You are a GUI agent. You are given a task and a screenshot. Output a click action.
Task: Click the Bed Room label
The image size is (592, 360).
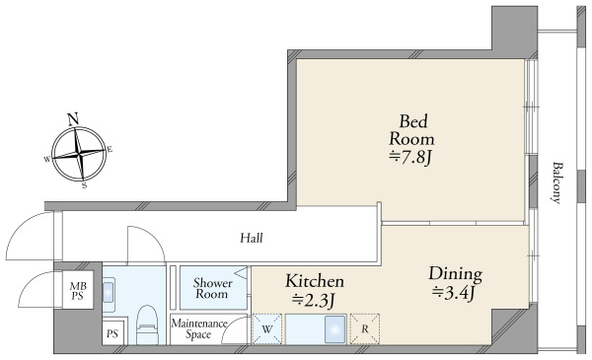point(411,130)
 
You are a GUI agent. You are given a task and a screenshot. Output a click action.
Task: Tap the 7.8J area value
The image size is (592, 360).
point(410,158)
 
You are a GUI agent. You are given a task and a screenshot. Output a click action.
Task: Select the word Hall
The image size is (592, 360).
point(252,238)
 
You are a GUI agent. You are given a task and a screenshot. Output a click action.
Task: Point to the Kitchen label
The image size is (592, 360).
point(315,281)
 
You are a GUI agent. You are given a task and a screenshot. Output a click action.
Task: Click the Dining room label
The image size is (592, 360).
point(455,274)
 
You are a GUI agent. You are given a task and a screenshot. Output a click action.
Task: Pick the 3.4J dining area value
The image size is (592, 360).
point(454,294)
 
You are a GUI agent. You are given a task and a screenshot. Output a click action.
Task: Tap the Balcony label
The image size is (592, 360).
point(556,183)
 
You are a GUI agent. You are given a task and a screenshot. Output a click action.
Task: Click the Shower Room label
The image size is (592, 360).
point(212,288)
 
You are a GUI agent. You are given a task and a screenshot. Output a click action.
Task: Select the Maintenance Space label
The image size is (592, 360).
point(199,328)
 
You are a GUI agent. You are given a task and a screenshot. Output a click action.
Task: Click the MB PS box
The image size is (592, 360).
point(78,290)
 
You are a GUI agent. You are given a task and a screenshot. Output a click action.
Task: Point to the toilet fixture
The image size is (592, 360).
point(147,324)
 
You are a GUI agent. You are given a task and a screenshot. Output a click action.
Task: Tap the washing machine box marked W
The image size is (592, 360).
point(267,329)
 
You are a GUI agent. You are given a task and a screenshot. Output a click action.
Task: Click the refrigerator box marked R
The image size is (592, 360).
point(365,329)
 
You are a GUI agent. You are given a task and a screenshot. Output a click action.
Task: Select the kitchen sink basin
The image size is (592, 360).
point(335,329)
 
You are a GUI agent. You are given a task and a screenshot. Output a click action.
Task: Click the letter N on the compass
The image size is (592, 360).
point(73,119)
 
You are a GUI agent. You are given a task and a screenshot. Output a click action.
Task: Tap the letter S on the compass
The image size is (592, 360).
point(84,185)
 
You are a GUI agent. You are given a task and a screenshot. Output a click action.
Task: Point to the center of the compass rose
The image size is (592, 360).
point(79,154)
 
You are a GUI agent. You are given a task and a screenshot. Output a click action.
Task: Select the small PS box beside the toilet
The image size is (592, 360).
point(112,333)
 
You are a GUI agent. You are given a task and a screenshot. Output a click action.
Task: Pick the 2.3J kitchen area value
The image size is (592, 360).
point(314,301)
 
